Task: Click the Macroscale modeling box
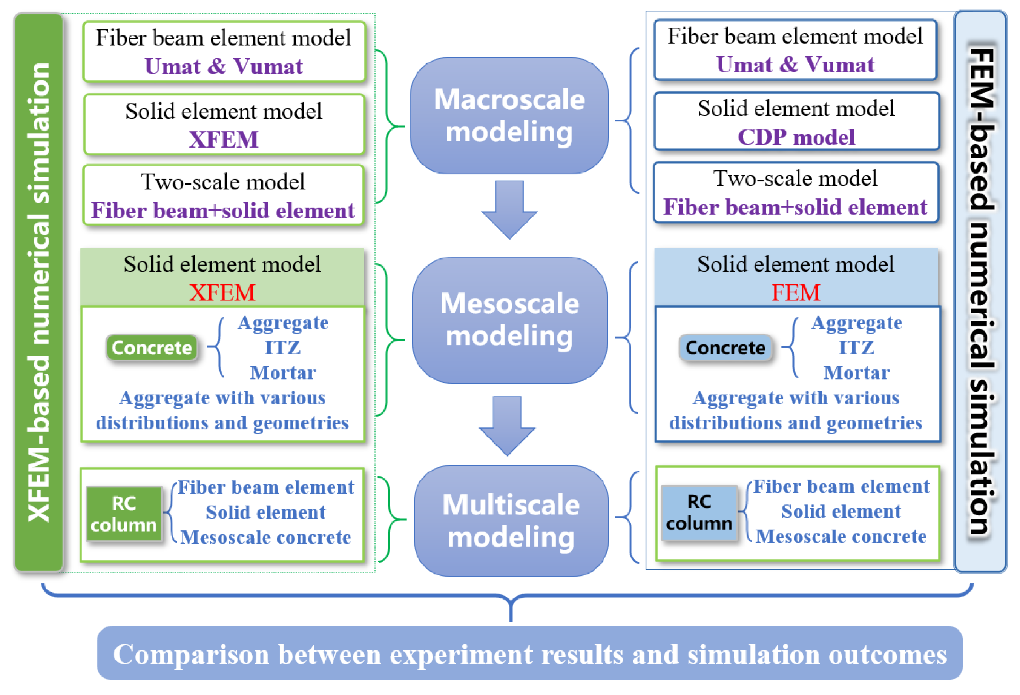point(509,115)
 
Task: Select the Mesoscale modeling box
point(509,320)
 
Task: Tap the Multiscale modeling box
point(511,521)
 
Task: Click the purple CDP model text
point(796,137)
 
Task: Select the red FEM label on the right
point(795,292)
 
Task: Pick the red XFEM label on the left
point(222,292)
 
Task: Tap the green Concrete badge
point(152,348)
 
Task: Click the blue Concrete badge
point(725,348)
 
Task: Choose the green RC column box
point(124,514)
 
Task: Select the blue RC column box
point(699,512)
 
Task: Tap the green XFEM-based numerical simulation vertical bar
point(38,292)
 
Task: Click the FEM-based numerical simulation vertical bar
point(980,292)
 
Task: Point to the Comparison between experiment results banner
point(530,654)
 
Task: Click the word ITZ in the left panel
point(283,348)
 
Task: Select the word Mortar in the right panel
point(856,373)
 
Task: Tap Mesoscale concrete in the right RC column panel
point(841,537)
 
